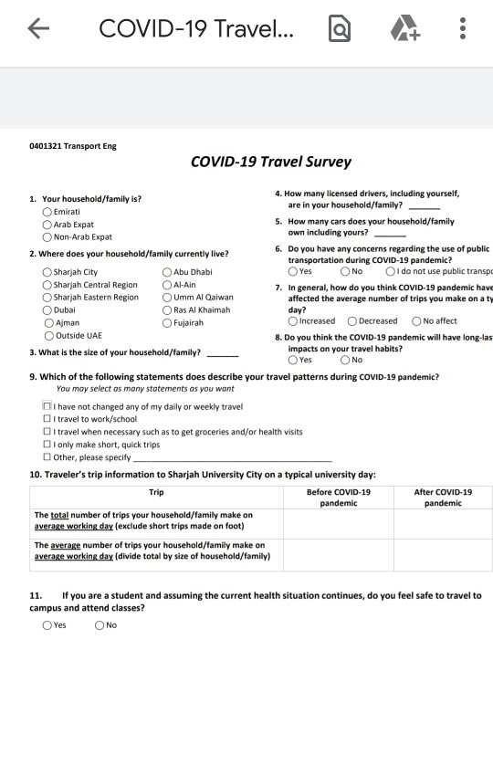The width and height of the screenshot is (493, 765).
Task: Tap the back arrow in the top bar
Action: click(37, 30)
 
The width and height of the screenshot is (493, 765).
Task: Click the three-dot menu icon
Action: click(463, 30)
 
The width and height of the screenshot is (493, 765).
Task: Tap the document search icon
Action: click(339, 31)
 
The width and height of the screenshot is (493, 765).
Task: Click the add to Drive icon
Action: click(403, 31)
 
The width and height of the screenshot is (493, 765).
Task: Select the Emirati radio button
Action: click(47, 212)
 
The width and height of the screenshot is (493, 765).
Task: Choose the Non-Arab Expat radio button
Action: click(47, 236)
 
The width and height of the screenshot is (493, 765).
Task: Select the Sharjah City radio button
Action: click(47, 272)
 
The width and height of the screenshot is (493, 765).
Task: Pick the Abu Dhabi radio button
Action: click(167, 272)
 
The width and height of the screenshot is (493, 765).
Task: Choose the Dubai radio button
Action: click(47, 310)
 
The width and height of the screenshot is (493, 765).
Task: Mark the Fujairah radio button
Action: click(167, 323)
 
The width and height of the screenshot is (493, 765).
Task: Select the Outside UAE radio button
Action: click(47, 336)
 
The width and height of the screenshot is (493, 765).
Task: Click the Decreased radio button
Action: click(352, 321)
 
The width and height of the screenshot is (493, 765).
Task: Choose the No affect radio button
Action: click(417, 321)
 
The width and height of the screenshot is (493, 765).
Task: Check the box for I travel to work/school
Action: click(47, 419)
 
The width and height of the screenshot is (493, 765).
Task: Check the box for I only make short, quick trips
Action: click(47, 445)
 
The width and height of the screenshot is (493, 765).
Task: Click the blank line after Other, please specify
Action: click(233, 457)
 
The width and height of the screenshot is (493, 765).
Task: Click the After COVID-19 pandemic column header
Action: click(443, 498)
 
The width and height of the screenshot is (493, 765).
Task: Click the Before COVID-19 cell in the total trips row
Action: click(338, 521)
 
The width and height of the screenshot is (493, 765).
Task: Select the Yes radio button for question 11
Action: click(47, 625)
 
